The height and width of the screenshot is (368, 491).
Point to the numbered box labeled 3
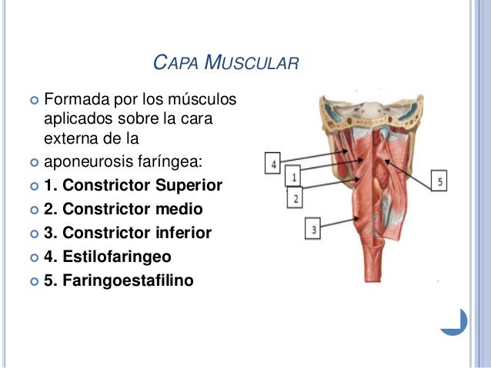[313, 227]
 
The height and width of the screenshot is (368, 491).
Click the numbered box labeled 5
[439, 181]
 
